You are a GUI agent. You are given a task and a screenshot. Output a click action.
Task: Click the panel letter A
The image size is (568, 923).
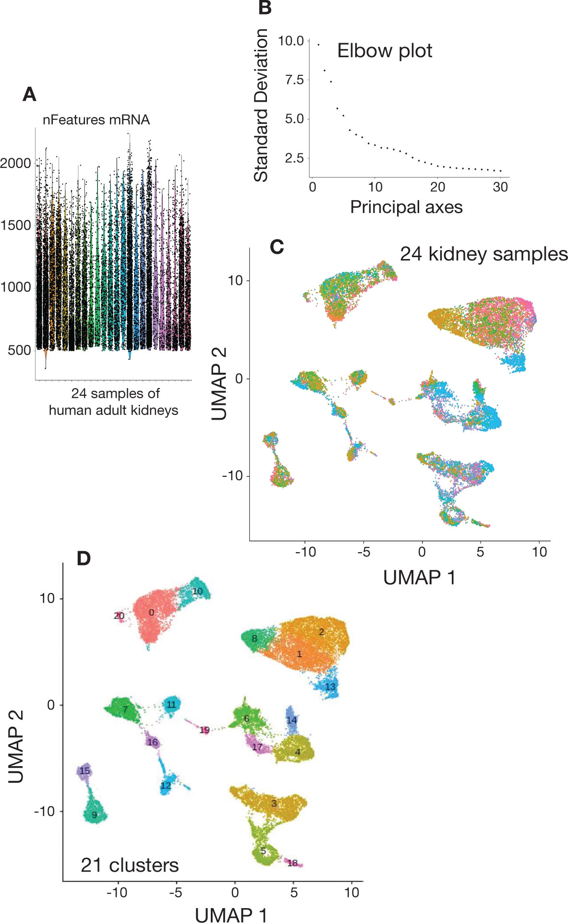pos(29,95)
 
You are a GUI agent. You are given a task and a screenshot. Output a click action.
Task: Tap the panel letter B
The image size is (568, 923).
pos(265,8)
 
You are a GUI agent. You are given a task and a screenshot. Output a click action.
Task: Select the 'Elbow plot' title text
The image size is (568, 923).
pos(385,51)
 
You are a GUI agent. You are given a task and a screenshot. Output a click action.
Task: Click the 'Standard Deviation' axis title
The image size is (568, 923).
pos(261,105)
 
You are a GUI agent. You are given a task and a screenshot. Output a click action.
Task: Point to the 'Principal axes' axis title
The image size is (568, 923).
pos(406,207)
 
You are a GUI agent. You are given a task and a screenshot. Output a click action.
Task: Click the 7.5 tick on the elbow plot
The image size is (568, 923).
pos(294,80)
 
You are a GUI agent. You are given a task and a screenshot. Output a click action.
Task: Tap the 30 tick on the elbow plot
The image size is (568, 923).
pos(500,187)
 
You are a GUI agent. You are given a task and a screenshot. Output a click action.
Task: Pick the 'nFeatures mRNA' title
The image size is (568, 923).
pos(96,119)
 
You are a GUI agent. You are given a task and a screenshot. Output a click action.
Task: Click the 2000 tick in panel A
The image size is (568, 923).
pos(16,163)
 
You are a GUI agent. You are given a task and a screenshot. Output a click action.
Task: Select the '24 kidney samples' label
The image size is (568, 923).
pos(483,254)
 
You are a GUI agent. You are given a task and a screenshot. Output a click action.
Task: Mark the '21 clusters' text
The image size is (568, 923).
pos(130,865)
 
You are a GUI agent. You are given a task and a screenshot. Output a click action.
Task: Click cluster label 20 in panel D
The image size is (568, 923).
pos(119,615)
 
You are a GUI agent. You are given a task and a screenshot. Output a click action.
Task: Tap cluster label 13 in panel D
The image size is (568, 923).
pos(330,686)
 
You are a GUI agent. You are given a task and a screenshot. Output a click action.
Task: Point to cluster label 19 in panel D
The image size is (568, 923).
pos(205,730)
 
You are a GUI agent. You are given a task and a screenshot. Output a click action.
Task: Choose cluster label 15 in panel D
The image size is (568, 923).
pos(85,771)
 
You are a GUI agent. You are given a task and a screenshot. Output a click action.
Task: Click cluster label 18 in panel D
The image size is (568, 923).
pos(292,863)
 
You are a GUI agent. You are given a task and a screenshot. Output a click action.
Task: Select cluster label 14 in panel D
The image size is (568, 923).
pos(291,720)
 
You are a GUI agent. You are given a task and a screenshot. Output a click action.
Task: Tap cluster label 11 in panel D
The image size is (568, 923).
pos(171,705)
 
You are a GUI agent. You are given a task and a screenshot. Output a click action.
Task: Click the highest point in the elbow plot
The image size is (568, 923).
pos(318,45)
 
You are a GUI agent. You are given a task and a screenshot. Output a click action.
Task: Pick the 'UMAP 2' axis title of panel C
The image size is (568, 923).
pos(219,384)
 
